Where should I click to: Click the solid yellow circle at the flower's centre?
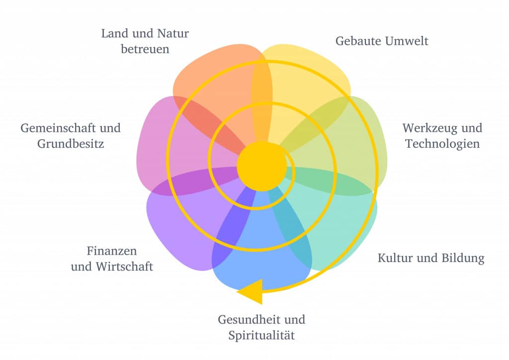[261, 166]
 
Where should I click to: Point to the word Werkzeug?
[424, 128]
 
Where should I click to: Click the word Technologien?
[442, 144]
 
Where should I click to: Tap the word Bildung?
[462, 259]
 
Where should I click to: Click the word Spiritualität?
[261, 336]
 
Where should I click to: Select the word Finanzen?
[111, 251]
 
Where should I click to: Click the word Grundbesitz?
[71, 144]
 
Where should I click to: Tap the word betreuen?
[145, 50]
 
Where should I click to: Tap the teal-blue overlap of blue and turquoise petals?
[290, 224]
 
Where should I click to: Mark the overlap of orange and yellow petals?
[261, 99]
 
